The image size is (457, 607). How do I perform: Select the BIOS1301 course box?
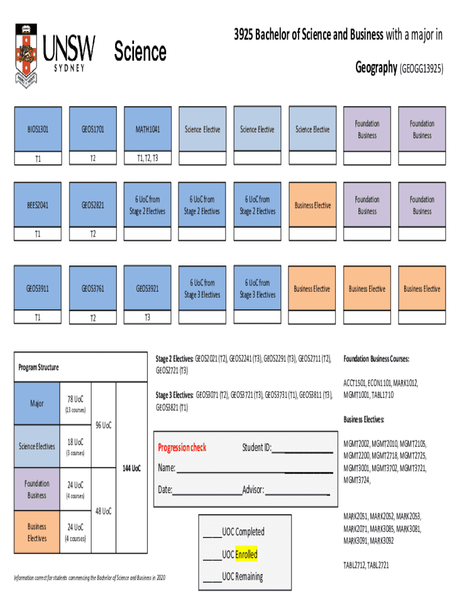37,129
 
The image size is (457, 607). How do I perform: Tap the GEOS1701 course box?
93,129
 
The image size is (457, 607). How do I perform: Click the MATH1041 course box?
147,129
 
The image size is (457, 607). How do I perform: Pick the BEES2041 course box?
37,205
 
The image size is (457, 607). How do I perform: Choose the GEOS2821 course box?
93,205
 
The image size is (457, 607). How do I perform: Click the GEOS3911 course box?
37,289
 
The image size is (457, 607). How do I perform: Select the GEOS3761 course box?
93,289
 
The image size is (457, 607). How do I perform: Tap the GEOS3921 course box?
147,289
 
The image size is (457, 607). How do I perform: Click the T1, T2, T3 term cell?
147,158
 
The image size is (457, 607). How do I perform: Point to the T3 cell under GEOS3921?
147,317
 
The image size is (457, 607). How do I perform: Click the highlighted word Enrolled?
246,554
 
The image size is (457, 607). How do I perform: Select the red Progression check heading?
182,448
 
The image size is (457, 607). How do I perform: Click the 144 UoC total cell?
132,468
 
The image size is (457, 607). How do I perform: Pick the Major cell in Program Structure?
37,404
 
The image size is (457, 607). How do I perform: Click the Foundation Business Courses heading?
376,359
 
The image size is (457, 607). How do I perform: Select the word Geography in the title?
376,68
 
